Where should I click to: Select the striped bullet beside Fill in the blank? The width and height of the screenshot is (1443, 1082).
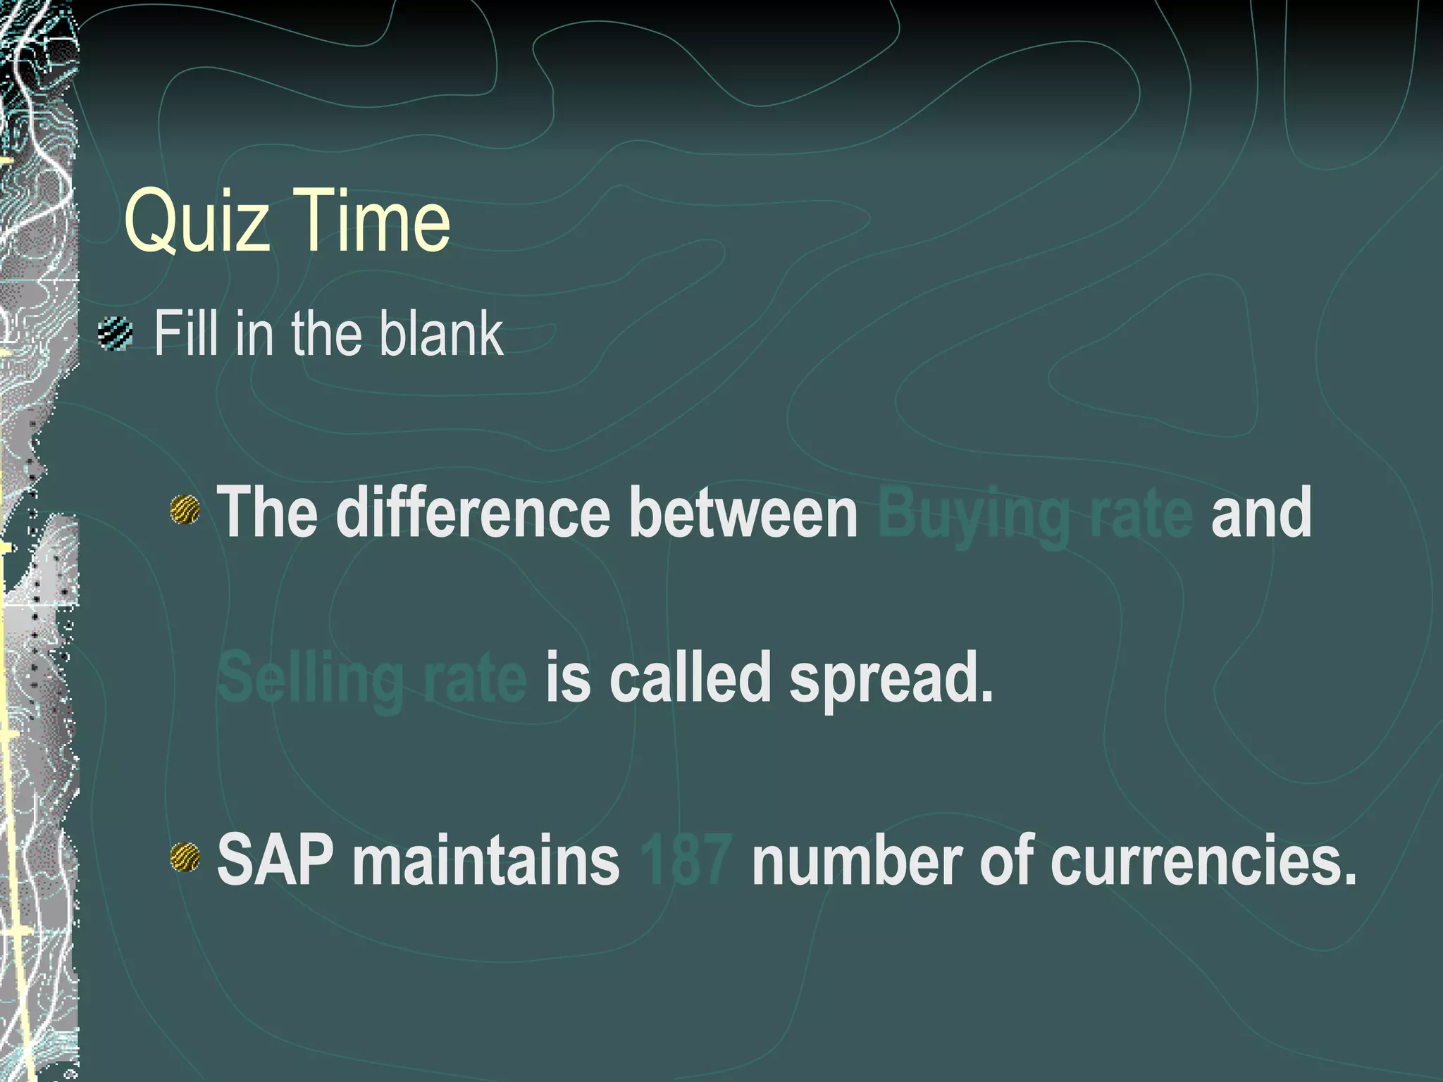(x=116, y=334)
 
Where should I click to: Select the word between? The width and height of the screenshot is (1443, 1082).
(x=743, y=512)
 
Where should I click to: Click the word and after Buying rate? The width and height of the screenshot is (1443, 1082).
(x=1261, y=512)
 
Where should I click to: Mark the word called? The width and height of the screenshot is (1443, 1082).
(x=690, y=677)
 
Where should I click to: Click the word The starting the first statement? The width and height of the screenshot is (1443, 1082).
(x=267, y=512)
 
